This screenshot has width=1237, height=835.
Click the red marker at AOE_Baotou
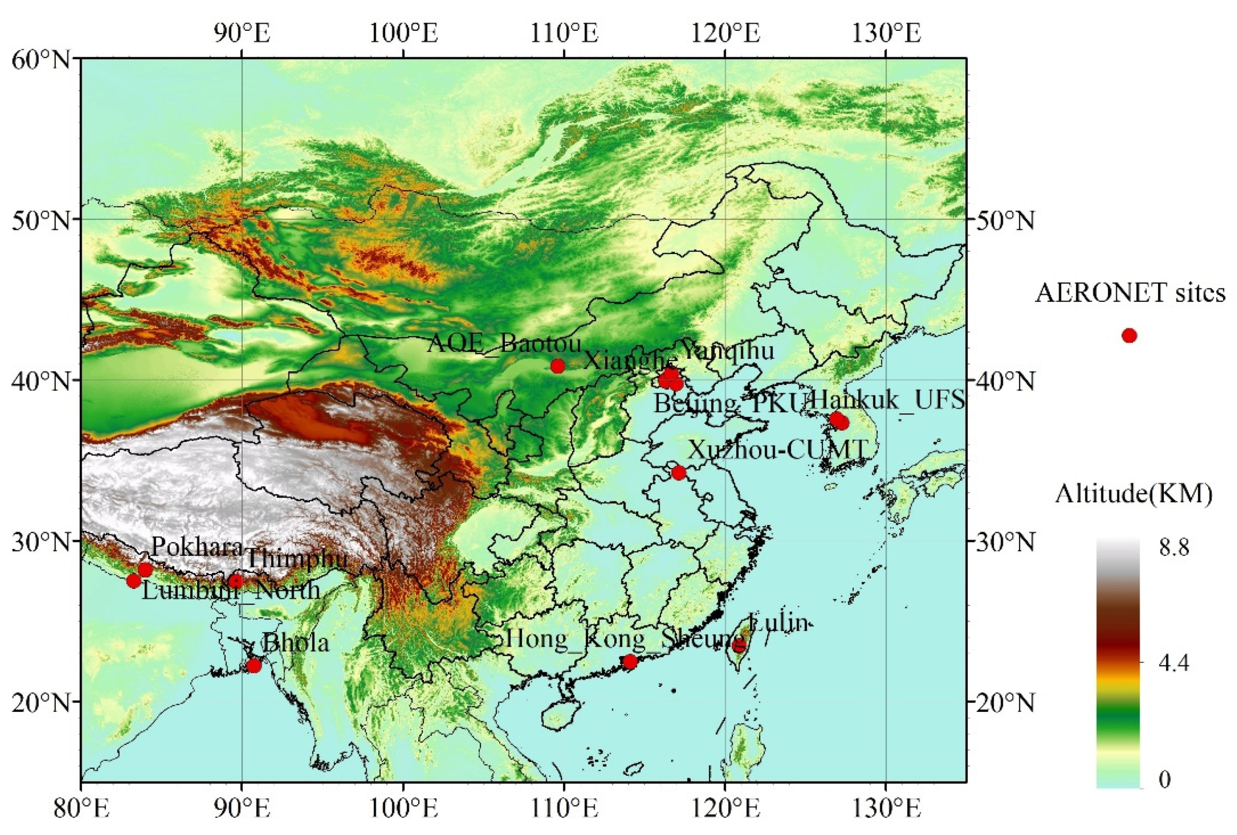coord(557,366)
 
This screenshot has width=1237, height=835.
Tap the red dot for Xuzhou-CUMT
coord(679,473)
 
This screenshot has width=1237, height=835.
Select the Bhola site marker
coord(255,665)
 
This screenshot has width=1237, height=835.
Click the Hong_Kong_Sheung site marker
coord(630,662)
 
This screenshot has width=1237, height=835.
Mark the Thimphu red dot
coord(236,581)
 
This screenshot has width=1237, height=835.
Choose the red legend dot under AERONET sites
coord(1129,336)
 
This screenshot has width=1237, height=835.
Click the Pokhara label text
coord(197,547)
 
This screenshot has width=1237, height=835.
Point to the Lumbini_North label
coord(231,591)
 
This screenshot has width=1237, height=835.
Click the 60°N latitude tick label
coord(41,60)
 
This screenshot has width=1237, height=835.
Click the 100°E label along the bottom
coord(404,809)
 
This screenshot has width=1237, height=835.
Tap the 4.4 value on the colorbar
coord(1173,663)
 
